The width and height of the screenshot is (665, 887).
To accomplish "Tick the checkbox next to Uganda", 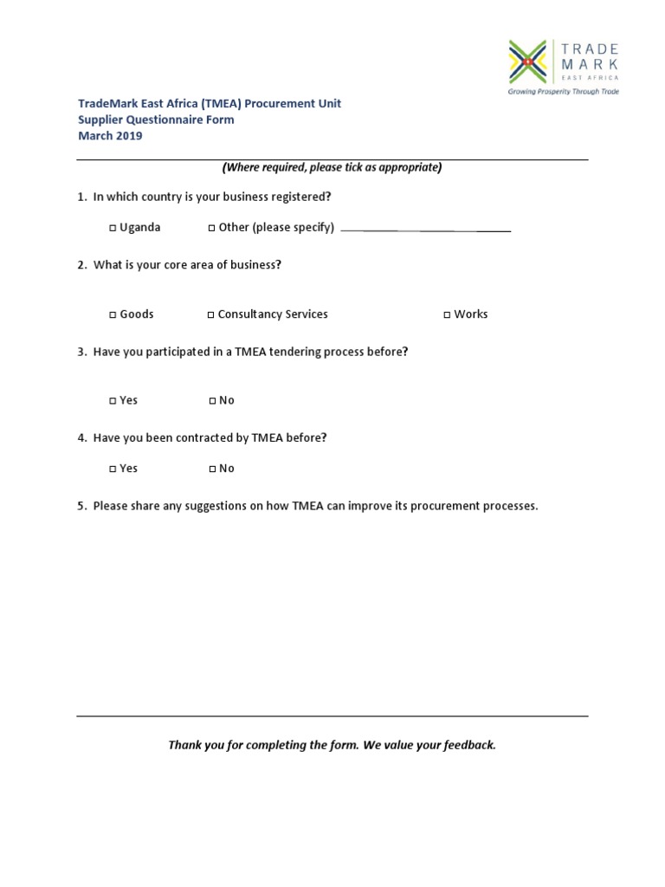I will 113,229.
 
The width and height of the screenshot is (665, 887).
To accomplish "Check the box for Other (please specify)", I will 212,229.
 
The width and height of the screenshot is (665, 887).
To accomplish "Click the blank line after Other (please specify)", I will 425,230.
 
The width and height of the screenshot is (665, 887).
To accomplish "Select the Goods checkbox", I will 113,315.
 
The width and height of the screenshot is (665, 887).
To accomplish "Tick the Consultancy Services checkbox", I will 211,315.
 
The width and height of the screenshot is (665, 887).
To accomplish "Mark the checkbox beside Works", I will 448,315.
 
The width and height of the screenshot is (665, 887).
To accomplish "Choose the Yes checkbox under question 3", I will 113,401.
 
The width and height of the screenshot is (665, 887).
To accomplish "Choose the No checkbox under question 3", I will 212,401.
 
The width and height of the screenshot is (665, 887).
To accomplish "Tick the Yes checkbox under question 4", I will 113,469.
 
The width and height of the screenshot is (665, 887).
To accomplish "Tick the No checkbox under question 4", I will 212,469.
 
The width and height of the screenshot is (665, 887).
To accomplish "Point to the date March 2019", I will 110,136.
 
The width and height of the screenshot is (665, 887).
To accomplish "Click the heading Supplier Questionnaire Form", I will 156,120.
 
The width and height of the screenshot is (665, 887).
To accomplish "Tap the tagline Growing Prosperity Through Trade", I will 563,91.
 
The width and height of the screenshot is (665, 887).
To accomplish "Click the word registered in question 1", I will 303,197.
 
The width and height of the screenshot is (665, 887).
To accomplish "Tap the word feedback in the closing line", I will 468,745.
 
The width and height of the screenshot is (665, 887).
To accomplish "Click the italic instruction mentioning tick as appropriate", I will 332,167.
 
